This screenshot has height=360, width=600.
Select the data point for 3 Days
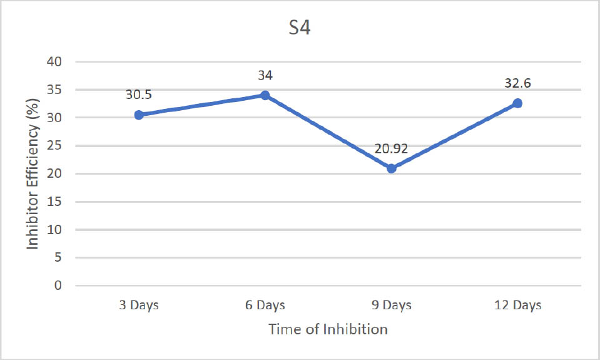(x=139, y=115)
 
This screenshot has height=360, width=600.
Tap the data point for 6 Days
(x=265, y=95)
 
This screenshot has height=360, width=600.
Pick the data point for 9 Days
(x=391, y=168)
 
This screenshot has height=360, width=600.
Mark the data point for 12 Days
(x=517, y=103)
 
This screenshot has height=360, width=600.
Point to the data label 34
(x=265, y=75)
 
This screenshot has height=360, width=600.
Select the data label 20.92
(x=392, y=148)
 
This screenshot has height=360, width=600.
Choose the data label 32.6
(x=518, y=83)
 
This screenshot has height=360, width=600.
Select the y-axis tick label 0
(x=59, y=285)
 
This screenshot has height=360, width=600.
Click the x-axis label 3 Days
(x=139, y=306)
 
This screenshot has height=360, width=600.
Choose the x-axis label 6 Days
(x=265, y=306)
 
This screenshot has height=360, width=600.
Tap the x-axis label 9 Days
(x=391, y=306)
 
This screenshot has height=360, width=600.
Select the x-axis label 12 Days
(x=517, y=306)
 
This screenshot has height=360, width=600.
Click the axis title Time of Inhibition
(x=328, y=329)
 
